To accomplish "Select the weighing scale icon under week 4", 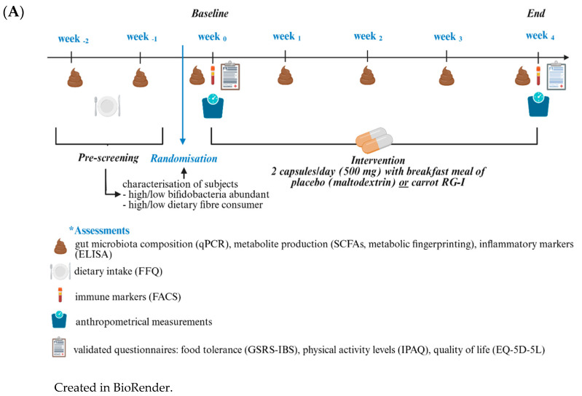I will pos(538,107).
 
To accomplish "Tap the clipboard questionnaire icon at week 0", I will pos(229,76).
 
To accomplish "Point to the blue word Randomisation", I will pos(184,157).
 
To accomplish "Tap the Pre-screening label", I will pos(107,157).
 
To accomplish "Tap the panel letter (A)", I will pos(14,12).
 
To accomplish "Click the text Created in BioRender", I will pos(113,387).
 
